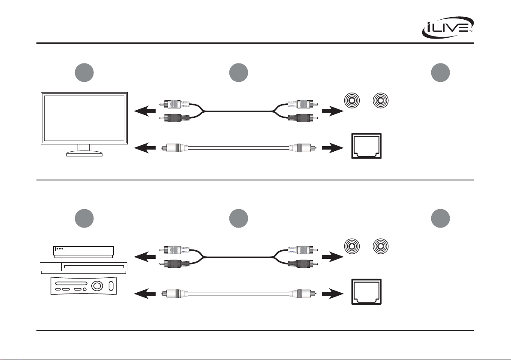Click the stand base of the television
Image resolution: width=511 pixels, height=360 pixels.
click(84, 154)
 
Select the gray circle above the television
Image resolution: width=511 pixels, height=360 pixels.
click(84, 73)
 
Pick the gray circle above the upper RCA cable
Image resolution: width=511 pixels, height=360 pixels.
click(239, 73)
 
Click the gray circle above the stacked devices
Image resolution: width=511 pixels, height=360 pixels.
click(84, 219)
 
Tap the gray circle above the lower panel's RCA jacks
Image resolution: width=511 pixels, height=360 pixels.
click(440, 219)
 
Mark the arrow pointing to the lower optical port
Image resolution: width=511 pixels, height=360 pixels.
click(332, 294)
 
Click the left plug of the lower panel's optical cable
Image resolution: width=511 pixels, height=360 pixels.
click(173, 294)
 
